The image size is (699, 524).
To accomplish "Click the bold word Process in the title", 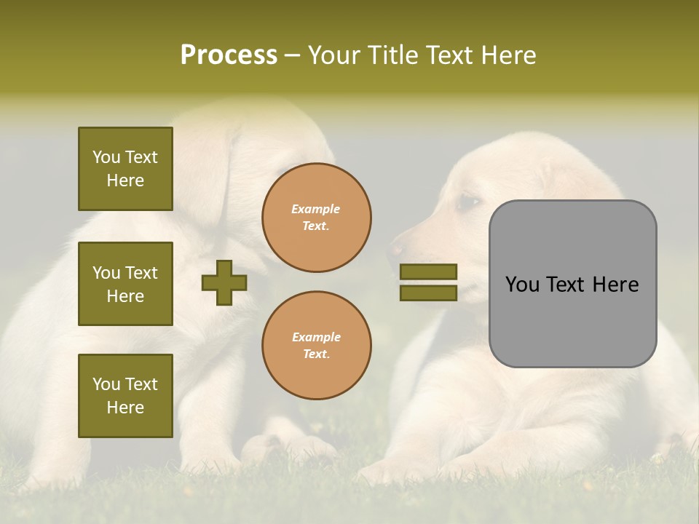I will tap(229, 55).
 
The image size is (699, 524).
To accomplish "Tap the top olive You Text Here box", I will tap(125, 169).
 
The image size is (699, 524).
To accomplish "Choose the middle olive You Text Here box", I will tap(125, 284).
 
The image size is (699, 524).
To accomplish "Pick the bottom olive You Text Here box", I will tap(125, 396).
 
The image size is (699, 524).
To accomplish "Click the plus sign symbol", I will tap(224, 283).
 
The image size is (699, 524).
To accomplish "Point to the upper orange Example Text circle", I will tap(316, 218).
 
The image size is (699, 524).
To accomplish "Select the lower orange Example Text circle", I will tap(316, 346).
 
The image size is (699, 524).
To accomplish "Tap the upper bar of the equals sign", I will tap(428, 271).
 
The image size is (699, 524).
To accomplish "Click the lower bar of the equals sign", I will tap(428, 293).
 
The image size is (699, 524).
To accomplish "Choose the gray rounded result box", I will tap(572, 284).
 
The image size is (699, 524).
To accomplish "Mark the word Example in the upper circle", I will tap(316, 210).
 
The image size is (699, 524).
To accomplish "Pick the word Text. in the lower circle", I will tap(316, 354).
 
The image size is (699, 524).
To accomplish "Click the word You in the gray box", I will tap(523, 285).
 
